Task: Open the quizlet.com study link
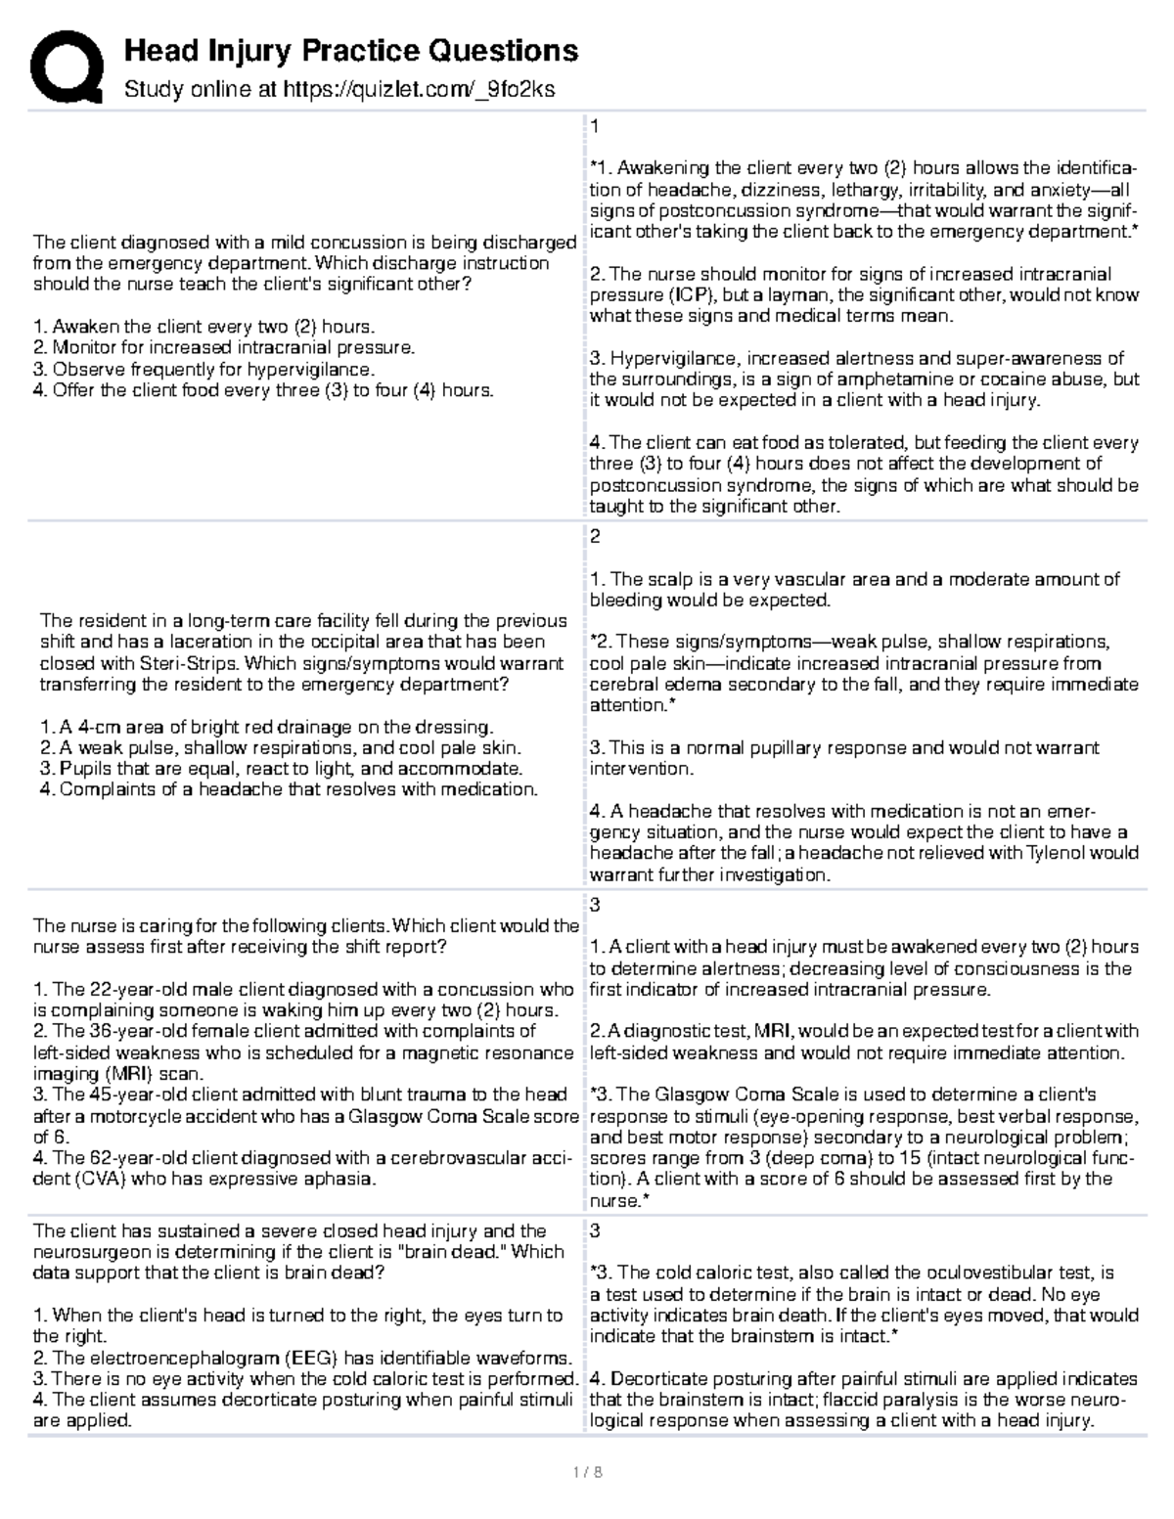pyautogui.click(x=418, y=90)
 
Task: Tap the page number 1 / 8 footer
pyautogui.click(x=587, y=1470)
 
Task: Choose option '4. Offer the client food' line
pyautogui.click(x=263, y=390)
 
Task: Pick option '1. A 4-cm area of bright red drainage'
pyautogui.click(x=267, y=727)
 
